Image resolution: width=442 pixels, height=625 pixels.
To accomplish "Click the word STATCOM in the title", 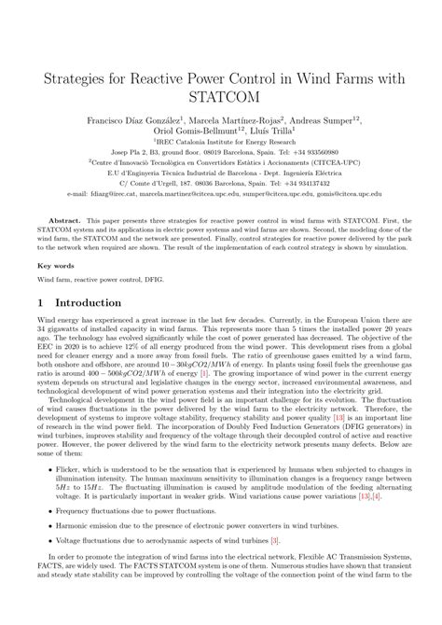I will [x=221, y=95].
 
